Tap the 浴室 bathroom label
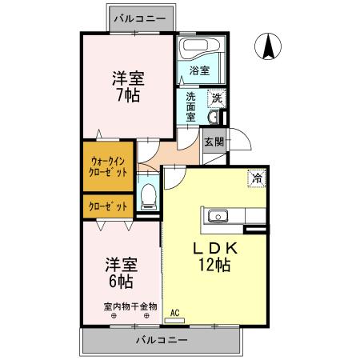coord(200,70)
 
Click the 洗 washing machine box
coord(216,98)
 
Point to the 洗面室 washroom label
coord(191,106)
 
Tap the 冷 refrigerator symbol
coord(256,178)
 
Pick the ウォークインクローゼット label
coord(106,166)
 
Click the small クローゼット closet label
coord(106,206)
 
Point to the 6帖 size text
coord(120,281)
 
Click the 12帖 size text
coord(214,265)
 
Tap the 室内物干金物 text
coord(130,306)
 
